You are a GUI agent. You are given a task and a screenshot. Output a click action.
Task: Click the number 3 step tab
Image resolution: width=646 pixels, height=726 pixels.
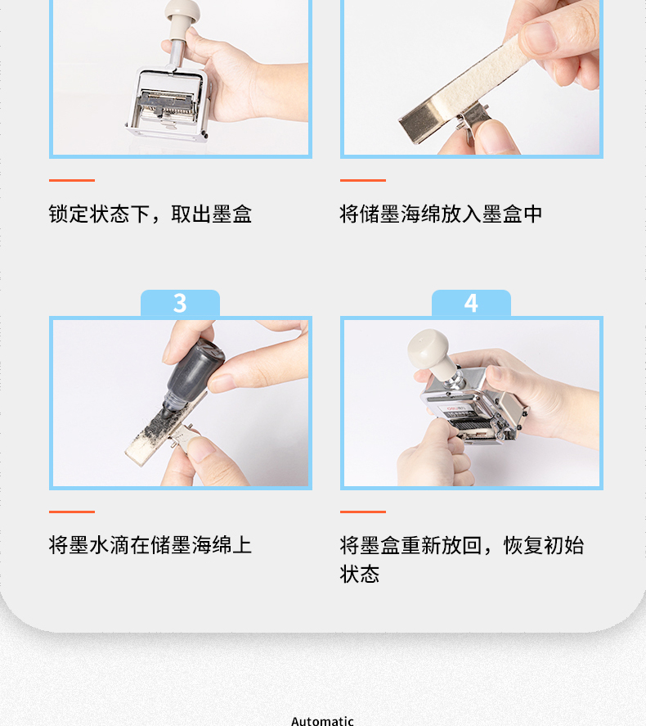click(180, 304)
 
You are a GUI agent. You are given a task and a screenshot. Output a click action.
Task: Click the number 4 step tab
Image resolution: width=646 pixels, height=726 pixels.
click(471, 304)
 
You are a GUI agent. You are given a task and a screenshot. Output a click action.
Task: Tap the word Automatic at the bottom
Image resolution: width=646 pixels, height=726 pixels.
click(323, 721)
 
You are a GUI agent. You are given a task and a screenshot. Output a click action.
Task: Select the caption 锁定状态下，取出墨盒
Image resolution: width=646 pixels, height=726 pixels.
click(150, 214)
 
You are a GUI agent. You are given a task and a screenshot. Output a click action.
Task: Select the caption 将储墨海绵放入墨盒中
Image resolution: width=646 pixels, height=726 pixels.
click(441, 214)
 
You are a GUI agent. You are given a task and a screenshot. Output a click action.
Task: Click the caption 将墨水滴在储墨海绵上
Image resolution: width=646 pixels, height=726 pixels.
click(150, 545)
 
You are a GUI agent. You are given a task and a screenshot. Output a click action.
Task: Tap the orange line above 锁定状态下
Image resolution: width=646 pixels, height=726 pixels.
click(72, 180)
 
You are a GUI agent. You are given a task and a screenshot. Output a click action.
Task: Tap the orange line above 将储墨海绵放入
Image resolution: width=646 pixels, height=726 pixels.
click(363, 180)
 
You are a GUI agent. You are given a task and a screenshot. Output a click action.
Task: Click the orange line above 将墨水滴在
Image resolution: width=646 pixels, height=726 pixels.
click(72, 512)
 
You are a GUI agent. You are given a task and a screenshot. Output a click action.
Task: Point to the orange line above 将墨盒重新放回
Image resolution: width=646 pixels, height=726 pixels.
click(363, 512)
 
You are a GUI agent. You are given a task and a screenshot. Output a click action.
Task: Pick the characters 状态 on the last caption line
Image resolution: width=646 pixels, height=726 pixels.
click(360, 574)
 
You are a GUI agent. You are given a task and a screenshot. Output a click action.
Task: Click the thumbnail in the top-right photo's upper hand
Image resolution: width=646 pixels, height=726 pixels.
click(540, 37)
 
